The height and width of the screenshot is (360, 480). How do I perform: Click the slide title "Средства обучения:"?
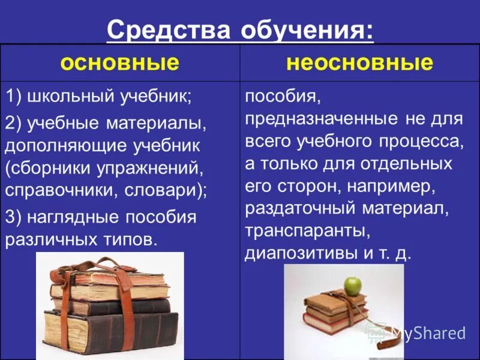240,31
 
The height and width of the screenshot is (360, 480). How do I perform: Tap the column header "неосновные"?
359,63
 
